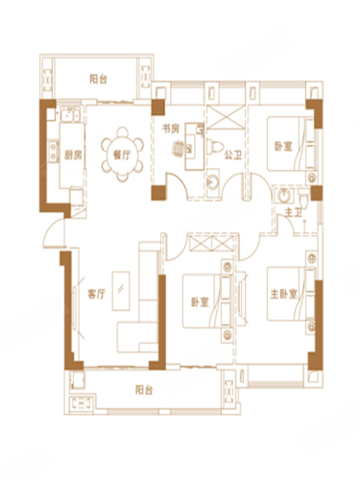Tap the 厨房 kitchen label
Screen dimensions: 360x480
pyautogui.click(x=73, y=156)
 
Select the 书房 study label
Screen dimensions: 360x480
pyautogui.click(x=171, y=129)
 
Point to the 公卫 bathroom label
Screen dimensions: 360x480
pyautogui.click(x=232, y=156)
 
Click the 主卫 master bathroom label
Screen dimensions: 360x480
pyautogui.click(x=294, y=212)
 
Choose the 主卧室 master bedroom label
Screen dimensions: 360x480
pyautogui.click(x=284, y=294)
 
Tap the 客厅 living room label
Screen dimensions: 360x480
pyautogui.click(x=96, y=294)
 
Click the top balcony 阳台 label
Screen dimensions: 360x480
pyautogui.click(x=98, y=79)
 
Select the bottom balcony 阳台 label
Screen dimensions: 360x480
pyautogui.click(x=144, y=390)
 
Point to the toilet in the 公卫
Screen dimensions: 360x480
pyautogui.click(x=215, y=147)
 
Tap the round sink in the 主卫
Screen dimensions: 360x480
pyautogui.click(x=283, y=195)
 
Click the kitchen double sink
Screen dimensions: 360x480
pyautogui.click(x=70, y=115)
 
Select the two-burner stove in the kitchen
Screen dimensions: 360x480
pyautogui.click(x=53, y=151)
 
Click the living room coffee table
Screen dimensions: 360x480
pyautogui.click(x=121, y=291)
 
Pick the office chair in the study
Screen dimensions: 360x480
pyautogui.click(x=180, y=148)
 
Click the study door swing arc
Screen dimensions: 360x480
pyautogui.click(x=178, y=184)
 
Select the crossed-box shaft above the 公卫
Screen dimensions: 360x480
pyautogui.click(x=226, y=117)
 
